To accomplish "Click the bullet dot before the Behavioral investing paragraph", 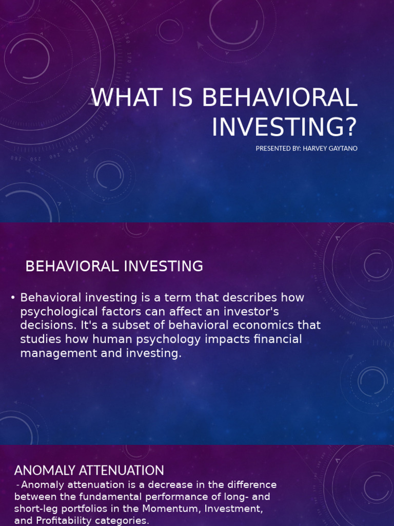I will pos(13,298).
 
